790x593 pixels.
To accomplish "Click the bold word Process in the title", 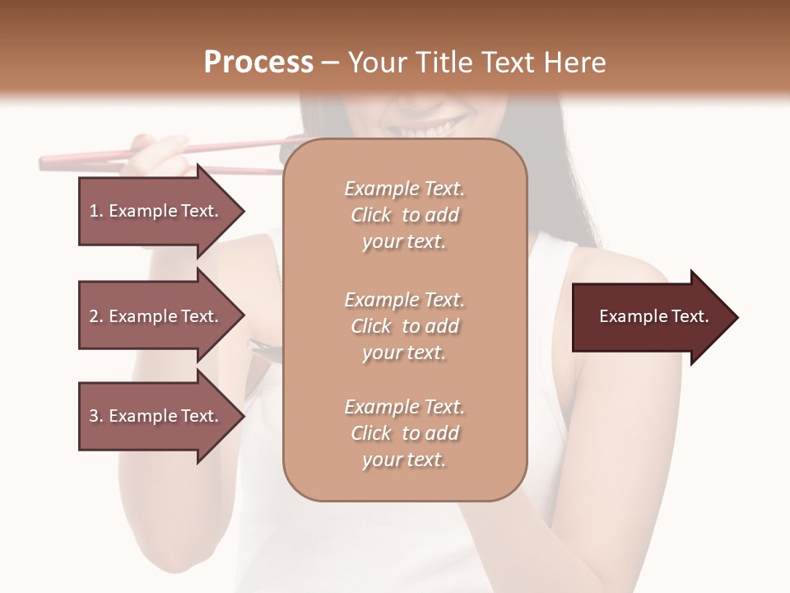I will [258, 63].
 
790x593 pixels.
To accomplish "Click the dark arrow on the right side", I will [650, 317].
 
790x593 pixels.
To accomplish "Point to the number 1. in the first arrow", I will [96, 211].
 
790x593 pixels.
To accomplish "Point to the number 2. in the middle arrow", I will [96, 316].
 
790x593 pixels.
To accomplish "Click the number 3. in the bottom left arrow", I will [96, 416].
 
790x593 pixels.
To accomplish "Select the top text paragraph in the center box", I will [404, 215].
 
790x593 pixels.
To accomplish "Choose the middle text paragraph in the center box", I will [404, 326].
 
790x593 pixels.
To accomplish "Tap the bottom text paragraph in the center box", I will [404, 433].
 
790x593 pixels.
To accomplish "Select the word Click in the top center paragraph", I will [371, 216].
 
